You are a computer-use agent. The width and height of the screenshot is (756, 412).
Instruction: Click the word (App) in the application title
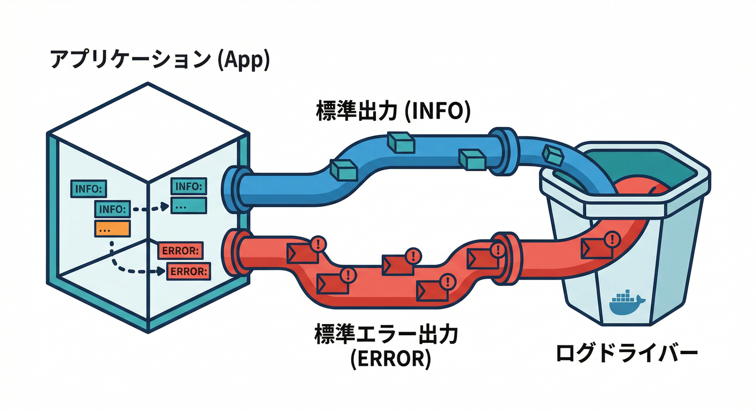pyautogui.click(x=243, y=60)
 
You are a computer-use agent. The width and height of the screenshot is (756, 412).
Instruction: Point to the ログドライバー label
pyautogui.click(x=627, y=353)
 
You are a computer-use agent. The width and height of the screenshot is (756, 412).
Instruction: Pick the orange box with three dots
pyautogui.click(x=112, y=228)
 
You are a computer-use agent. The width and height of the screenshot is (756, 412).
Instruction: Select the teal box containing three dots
pyautogui.click(x=188, y=205)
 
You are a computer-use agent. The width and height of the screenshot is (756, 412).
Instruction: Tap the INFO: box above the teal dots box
pyautogui.click(x=188, y=187)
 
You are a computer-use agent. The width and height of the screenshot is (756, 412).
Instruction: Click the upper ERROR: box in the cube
pyautogui.click(x=180, y=250)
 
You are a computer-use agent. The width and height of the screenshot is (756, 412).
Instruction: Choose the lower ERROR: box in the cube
pyautogui.click(x=188, y=271)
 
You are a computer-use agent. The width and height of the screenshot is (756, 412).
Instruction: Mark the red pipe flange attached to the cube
pyautogui.click(x=232, y=253)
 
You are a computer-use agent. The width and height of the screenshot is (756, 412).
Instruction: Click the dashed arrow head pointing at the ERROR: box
pyautogui.click(x=163, y=271)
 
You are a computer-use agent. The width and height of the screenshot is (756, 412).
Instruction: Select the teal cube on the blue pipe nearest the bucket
pyautogui.click(x=552, y=154)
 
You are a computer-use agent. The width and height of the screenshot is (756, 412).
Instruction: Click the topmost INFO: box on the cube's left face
pyautogui.click(x=89, y=189)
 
